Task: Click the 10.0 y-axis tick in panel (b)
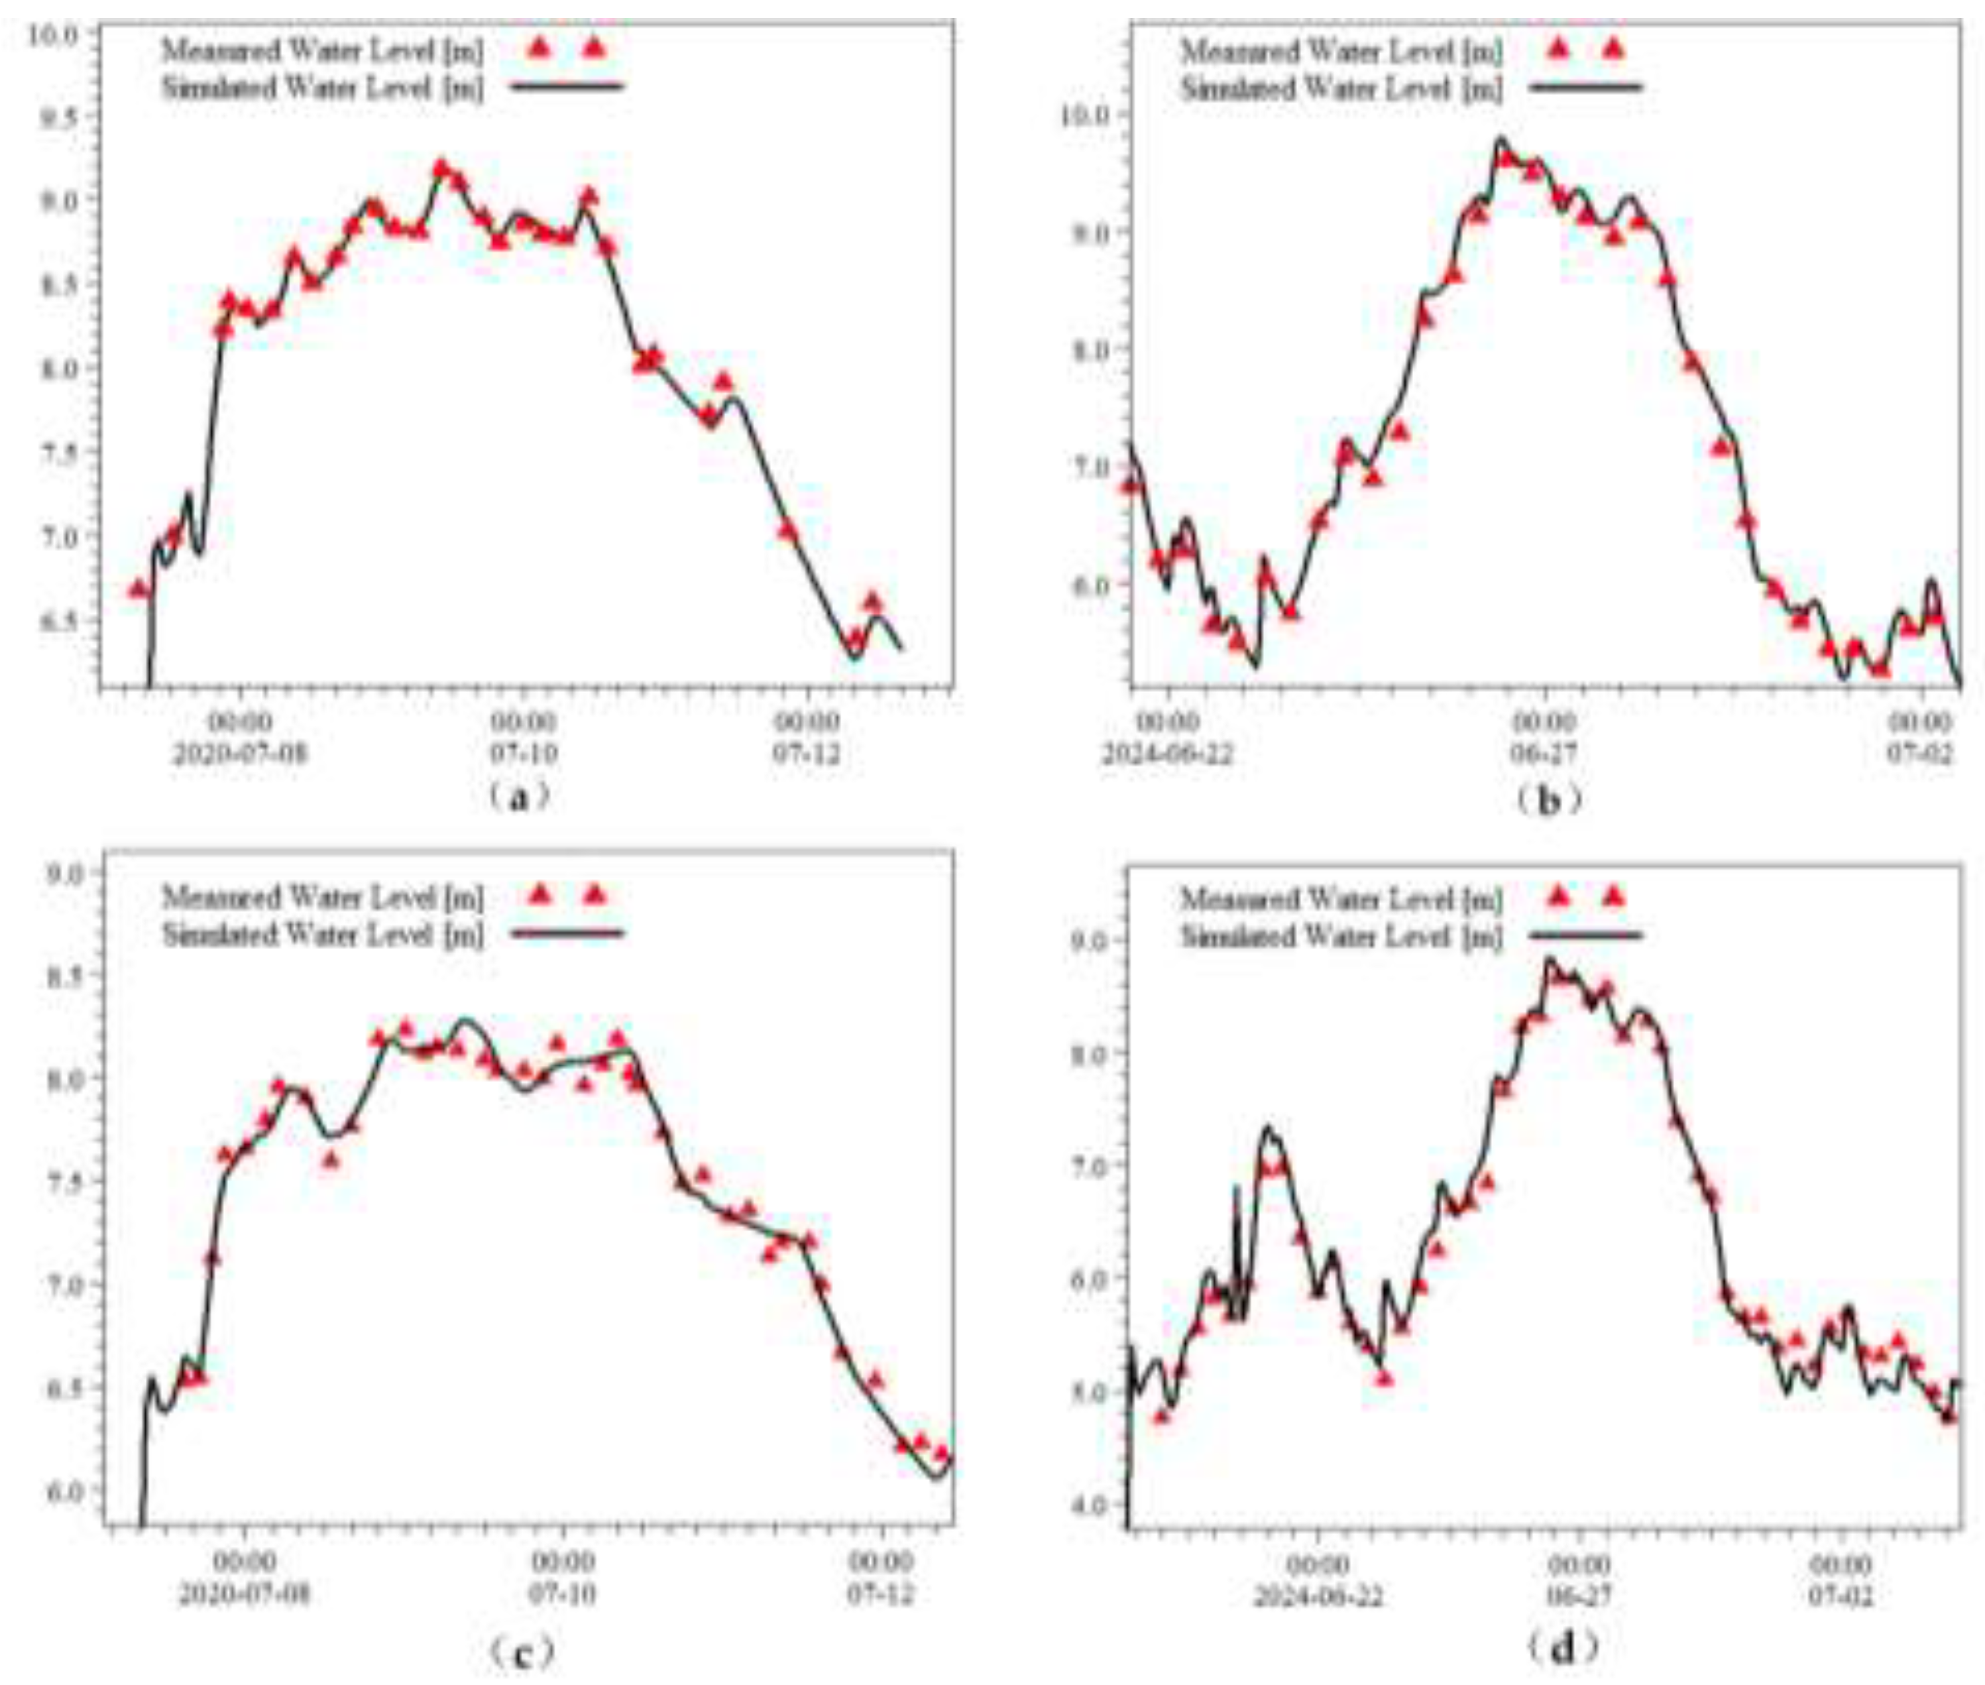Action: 1083,115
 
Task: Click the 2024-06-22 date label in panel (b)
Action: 1167,754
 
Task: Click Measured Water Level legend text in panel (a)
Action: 322,50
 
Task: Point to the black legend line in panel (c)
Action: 567,932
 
